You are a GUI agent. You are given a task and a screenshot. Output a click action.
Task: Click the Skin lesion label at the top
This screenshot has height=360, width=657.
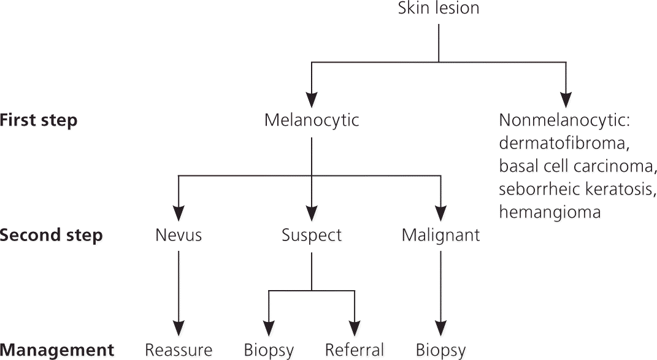click(x=438, y=8)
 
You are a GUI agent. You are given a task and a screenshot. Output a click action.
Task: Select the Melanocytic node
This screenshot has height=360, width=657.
click(x=312, y=120)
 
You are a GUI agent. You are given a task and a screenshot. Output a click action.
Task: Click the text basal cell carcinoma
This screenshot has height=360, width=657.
click(x=578, y=166)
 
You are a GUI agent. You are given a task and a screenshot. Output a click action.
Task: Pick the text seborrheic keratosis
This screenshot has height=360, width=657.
click(x=575, y=190)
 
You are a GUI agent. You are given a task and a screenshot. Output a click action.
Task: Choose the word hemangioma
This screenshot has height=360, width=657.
click(x=550, y=212)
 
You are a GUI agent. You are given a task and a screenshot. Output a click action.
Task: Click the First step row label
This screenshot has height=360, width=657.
click(x=39, y=120)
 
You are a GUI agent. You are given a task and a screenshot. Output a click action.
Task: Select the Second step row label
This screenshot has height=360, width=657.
click(x=51, y=235)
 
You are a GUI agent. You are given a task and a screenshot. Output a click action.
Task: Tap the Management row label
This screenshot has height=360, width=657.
click(x=57, y=350)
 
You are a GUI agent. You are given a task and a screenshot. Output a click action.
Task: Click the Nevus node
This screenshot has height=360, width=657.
click(x=179, y=235)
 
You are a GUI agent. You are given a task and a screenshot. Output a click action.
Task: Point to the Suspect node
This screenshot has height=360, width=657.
click(x=312, y=235)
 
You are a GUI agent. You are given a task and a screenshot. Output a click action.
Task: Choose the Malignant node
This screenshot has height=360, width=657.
click(x=440, y=235)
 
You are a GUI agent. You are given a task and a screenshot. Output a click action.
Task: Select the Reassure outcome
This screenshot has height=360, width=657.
click(x=179, y=350)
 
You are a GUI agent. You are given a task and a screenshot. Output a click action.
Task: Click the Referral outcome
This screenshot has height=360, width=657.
click(x=355, y=350)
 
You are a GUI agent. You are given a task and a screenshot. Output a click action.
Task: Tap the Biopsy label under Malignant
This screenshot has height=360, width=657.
click(x=440, y=350)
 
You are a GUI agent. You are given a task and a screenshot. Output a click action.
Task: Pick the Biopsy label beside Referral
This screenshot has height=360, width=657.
click(x=269, y=350)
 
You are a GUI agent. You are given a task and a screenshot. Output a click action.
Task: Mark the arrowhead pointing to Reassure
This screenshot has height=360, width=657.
click(x=179, y=327)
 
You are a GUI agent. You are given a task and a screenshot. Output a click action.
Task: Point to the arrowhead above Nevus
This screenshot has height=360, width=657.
click(x=179, y=213)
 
